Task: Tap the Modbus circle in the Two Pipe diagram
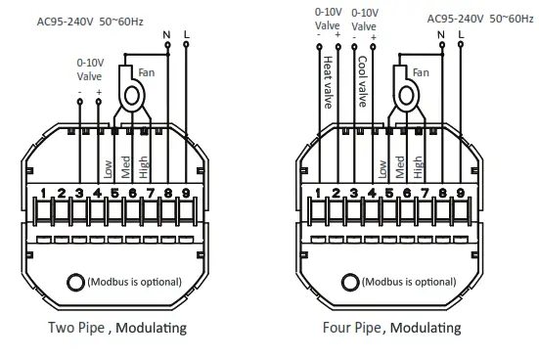[x=74, y=283]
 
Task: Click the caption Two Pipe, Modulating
[x=116, y=328]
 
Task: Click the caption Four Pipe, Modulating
[x=391, y=328]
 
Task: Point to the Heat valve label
[x=328, y=78]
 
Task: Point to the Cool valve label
[x=362, y=78]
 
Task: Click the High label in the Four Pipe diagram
[x=418, y=163]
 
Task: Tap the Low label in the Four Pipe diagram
[x=383, y=166]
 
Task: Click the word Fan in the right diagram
[x=422, y=73]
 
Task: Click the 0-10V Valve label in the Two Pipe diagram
[x=90, y=68]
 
